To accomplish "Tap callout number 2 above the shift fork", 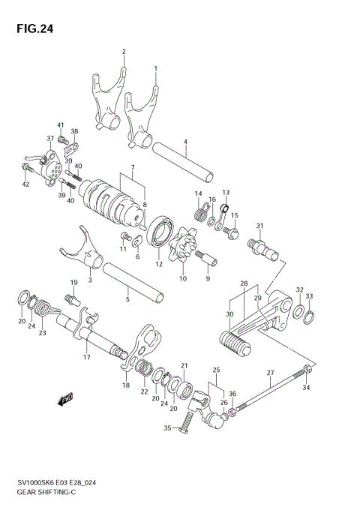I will pos(124,52).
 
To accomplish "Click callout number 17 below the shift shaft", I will pos(86,358).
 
